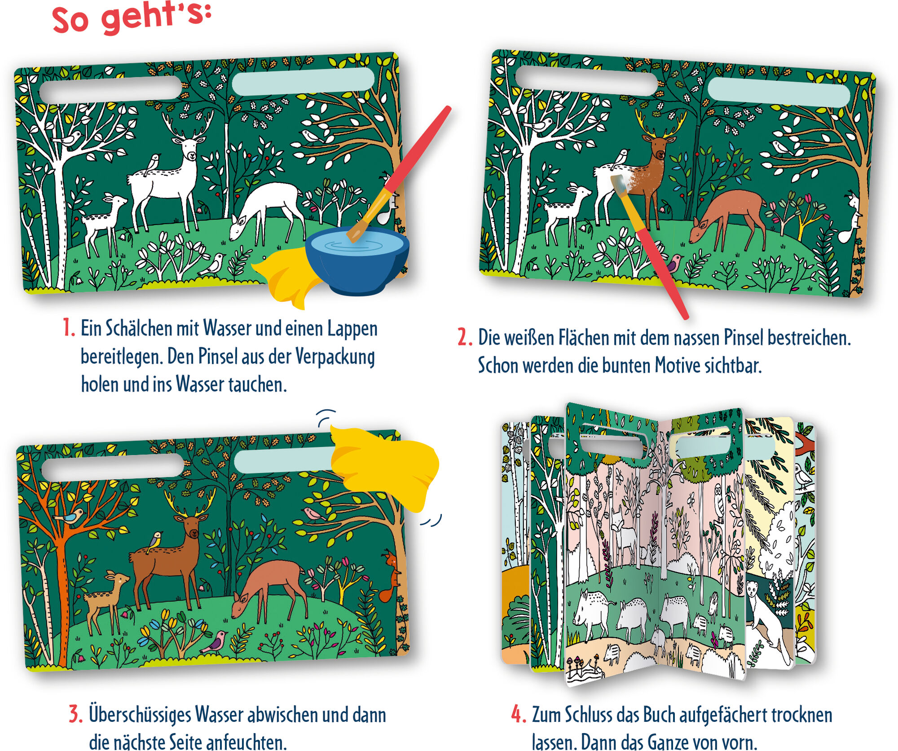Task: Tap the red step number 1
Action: [x=68, y=327]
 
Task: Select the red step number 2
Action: [x=464, y=337]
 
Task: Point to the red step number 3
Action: [x=75, y=714]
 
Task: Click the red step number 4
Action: [x=519, y=714]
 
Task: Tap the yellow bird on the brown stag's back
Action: [x=155, y=541]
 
